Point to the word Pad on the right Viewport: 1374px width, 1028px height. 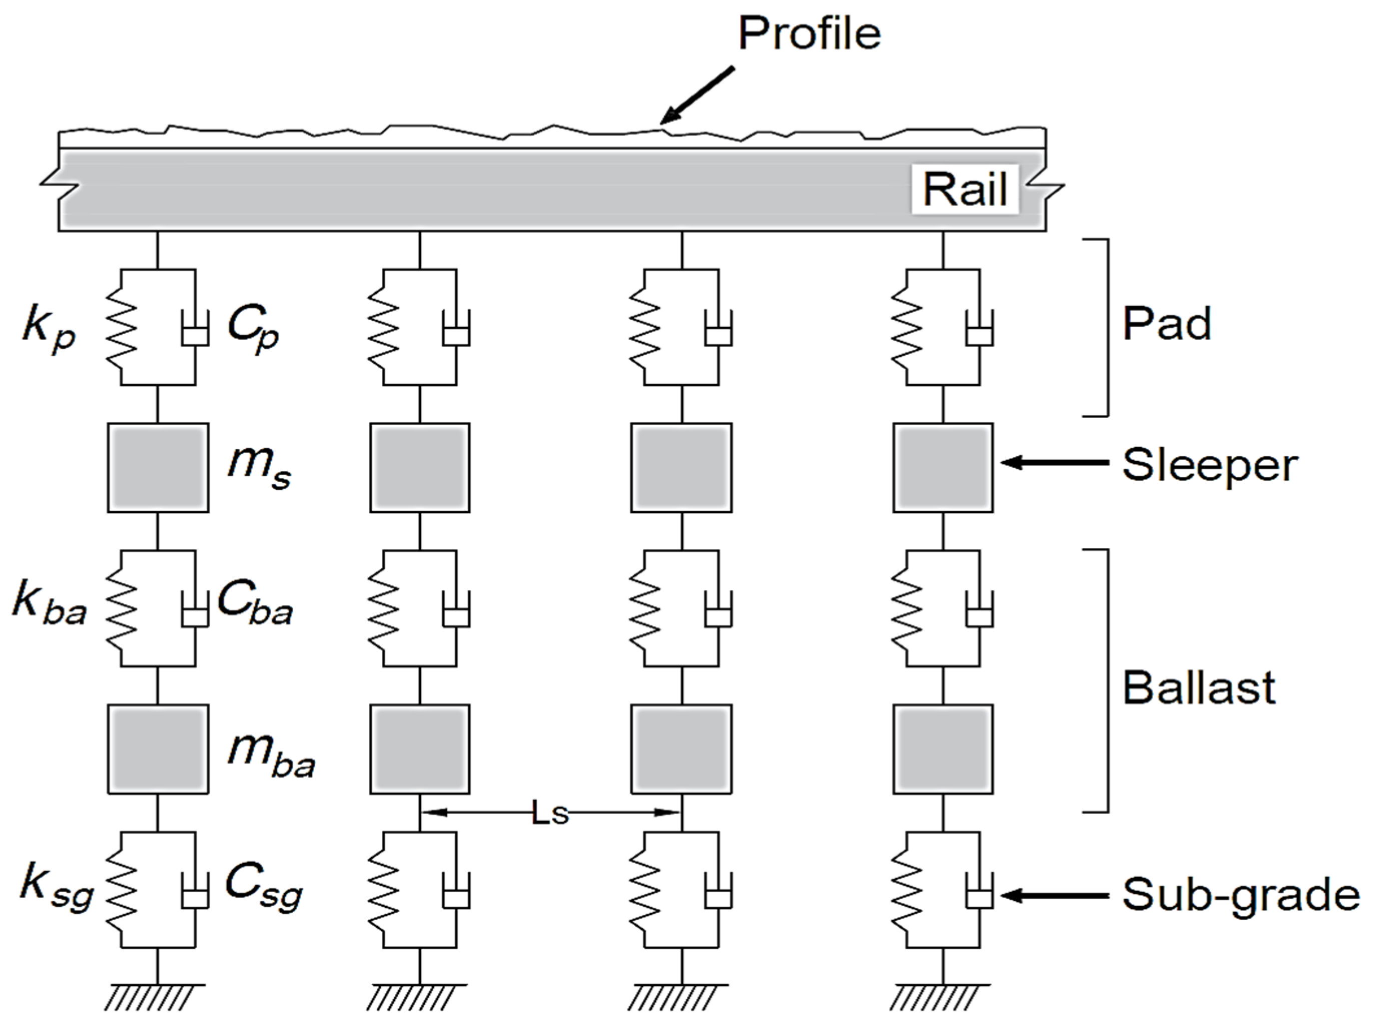tap(1166, 324)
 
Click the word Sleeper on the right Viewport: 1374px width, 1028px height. tap(1209, 465)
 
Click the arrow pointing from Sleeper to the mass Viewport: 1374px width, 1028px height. tap(1054, 463)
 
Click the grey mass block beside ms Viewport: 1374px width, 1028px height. tap(158, 468)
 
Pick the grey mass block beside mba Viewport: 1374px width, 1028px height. tap(158, 749)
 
